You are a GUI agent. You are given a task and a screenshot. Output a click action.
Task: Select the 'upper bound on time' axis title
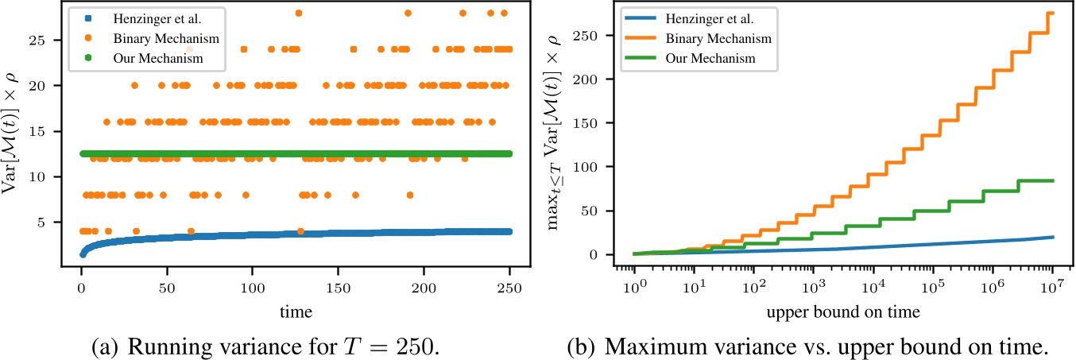pos(843,312)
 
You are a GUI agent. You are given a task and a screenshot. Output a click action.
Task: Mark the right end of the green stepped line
pos(1053,181)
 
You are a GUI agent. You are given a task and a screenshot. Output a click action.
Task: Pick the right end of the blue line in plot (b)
pos(1053,237)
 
